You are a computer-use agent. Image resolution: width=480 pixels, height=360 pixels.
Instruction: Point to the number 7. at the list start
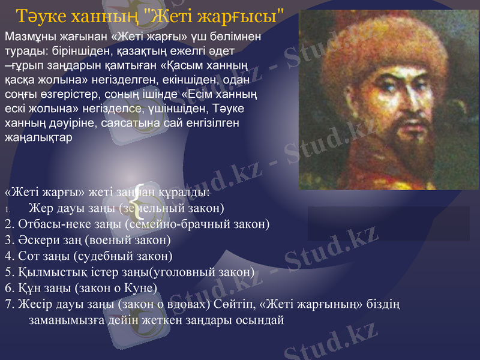8,304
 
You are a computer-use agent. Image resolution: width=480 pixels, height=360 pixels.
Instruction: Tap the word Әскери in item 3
36,240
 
